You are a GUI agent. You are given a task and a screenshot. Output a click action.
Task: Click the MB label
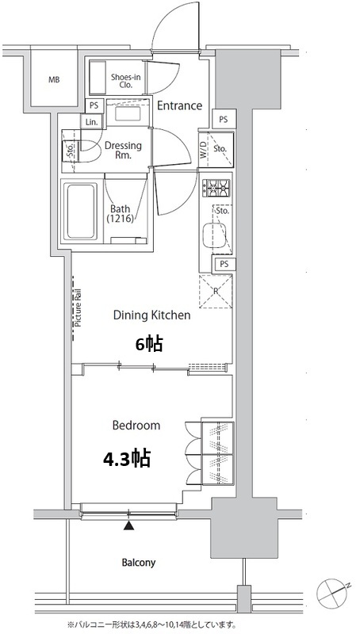[x=54, y=80]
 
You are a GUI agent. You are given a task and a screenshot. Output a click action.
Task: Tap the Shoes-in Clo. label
[x=126, y=81]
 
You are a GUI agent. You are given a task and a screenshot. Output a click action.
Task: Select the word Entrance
[x=179, y=106]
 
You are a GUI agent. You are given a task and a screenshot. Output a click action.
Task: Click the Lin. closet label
[x=91, y=122]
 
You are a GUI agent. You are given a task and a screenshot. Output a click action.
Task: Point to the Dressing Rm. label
[x=123, y=150]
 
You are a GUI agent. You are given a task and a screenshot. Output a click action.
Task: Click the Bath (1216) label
[x=121, y=214]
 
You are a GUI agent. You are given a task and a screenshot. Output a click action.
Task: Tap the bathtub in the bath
[x=82, y=211]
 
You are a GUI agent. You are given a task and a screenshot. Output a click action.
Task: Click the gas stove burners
[x=216, y=187]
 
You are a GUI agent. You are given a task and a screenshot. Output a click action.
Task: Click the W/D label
[x=204, y=149]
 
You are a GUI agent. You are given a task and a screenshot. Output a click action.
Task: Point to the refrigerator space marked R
[x=216, y=291]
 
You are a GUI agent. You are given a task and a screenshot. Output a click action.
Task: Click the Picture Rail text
[x=79, y=307]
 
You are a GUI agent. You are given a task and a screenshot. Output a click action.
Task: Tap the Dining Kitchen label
[x=151, y=315]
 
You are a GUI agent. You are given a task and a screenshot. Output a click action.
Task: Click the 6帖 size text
[x=149, y=344]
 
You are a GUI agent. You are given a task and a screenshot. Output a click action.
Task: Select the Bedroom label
[x=136, y=426]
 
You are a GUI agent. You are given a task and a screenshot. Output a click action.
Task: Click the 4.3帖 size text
[x=127, y=459]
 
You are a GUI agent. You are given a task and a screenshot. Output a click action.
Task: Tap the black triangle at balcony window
[x=128, y=525]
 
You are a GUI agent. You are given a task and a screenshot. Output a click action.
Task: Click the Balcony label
[x=139, y=563]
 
